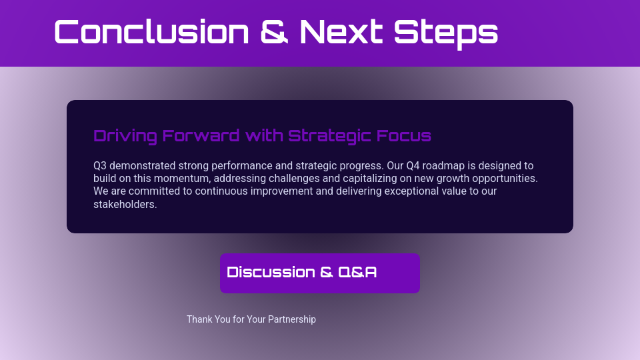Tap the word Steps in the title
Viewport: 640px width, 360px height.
(446, 32)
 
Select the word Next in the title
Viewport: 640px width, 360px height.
(341, 32)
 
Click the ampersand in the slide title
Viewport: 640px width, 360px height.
(275, 32)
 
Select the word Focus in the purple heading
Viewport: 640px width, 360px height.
(403, 136)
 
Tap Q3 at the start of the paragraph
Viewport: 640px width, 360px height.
(100, 165)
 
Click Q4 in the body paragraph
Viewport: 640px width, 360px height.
(415, 165)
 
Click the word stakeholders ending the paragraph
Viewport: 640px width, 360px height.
(124, 204)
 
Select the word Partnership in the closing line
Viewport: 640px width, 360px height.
(292, 319)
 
